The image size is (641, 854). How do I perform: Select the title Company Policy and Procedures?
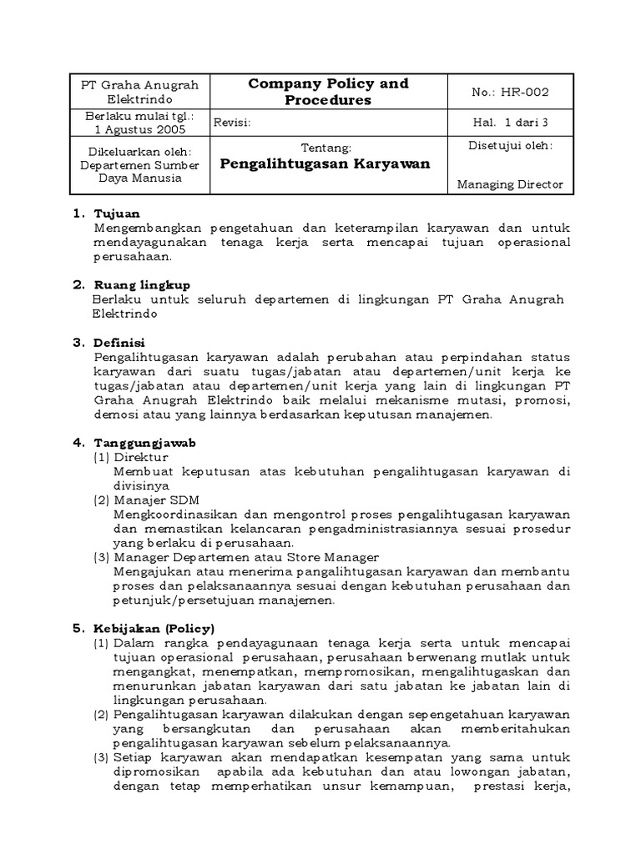point(327,92)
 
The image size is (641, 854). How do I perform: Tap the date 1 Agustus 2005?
point(140,129)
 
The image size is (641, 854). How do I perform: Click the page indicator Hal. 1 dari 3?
point(510,123)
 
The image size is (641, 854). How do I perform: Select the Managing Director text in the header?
point(510,184)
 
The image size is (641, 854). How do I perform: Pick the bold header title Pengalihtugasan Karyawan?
point(325,164)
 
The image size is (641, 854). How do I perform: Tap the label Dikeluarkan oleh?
point(140,151)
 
